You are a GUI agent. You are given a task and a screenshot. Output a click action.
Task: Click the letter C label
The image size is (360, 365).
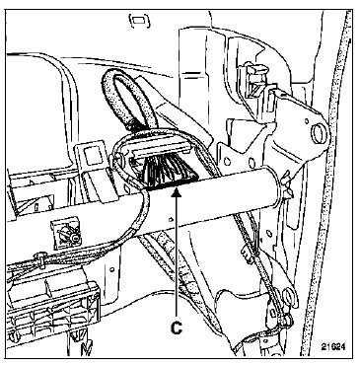[x=177, y=328]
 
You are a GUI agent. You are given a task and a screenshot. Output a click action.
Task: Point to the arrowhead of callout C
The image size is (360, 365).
[x=177, y=192]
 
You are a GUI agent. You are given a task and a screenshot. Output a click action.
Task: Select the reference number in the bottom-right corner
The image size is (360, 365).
[x=333, y=347]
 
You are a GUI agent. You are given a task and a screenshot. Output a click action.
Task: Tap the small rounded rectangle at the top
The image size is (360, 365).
[x=140, y=21]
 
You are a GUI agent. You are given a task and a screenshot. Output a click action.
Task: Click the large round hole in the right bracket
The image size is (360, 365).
[x=319, y=133]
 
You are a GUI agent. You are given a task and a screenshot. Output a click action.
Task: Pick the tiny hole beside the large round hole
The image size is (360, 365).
[x=307, y=121]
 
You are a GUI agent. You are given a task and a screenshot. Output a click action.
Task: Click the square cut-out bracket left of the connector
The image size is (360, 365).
[x=91, y=155]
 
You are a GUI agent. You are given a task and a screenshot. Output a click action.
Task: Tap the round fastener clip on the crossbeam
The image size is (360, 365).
[x=67, y=234]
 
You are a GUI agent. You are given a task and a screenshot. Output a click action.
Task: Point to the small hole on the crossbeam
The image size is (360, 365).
[x=171, y=219]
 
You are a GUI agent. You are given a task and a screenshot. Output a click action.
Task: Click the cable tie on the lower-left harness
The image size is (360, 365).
[x=41, y=259]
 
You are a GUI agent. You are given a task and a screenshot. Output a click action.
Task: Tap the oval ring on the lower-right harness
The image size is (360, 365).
[x=289, y=296]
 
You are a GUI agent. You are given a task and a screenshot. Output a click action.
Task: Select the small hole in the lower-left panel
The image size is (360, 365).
[x=112, y=269]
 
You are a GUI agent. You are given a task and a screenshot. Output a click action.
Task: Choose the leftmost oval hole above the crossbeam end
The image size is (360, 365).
[x=227, y=161]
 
